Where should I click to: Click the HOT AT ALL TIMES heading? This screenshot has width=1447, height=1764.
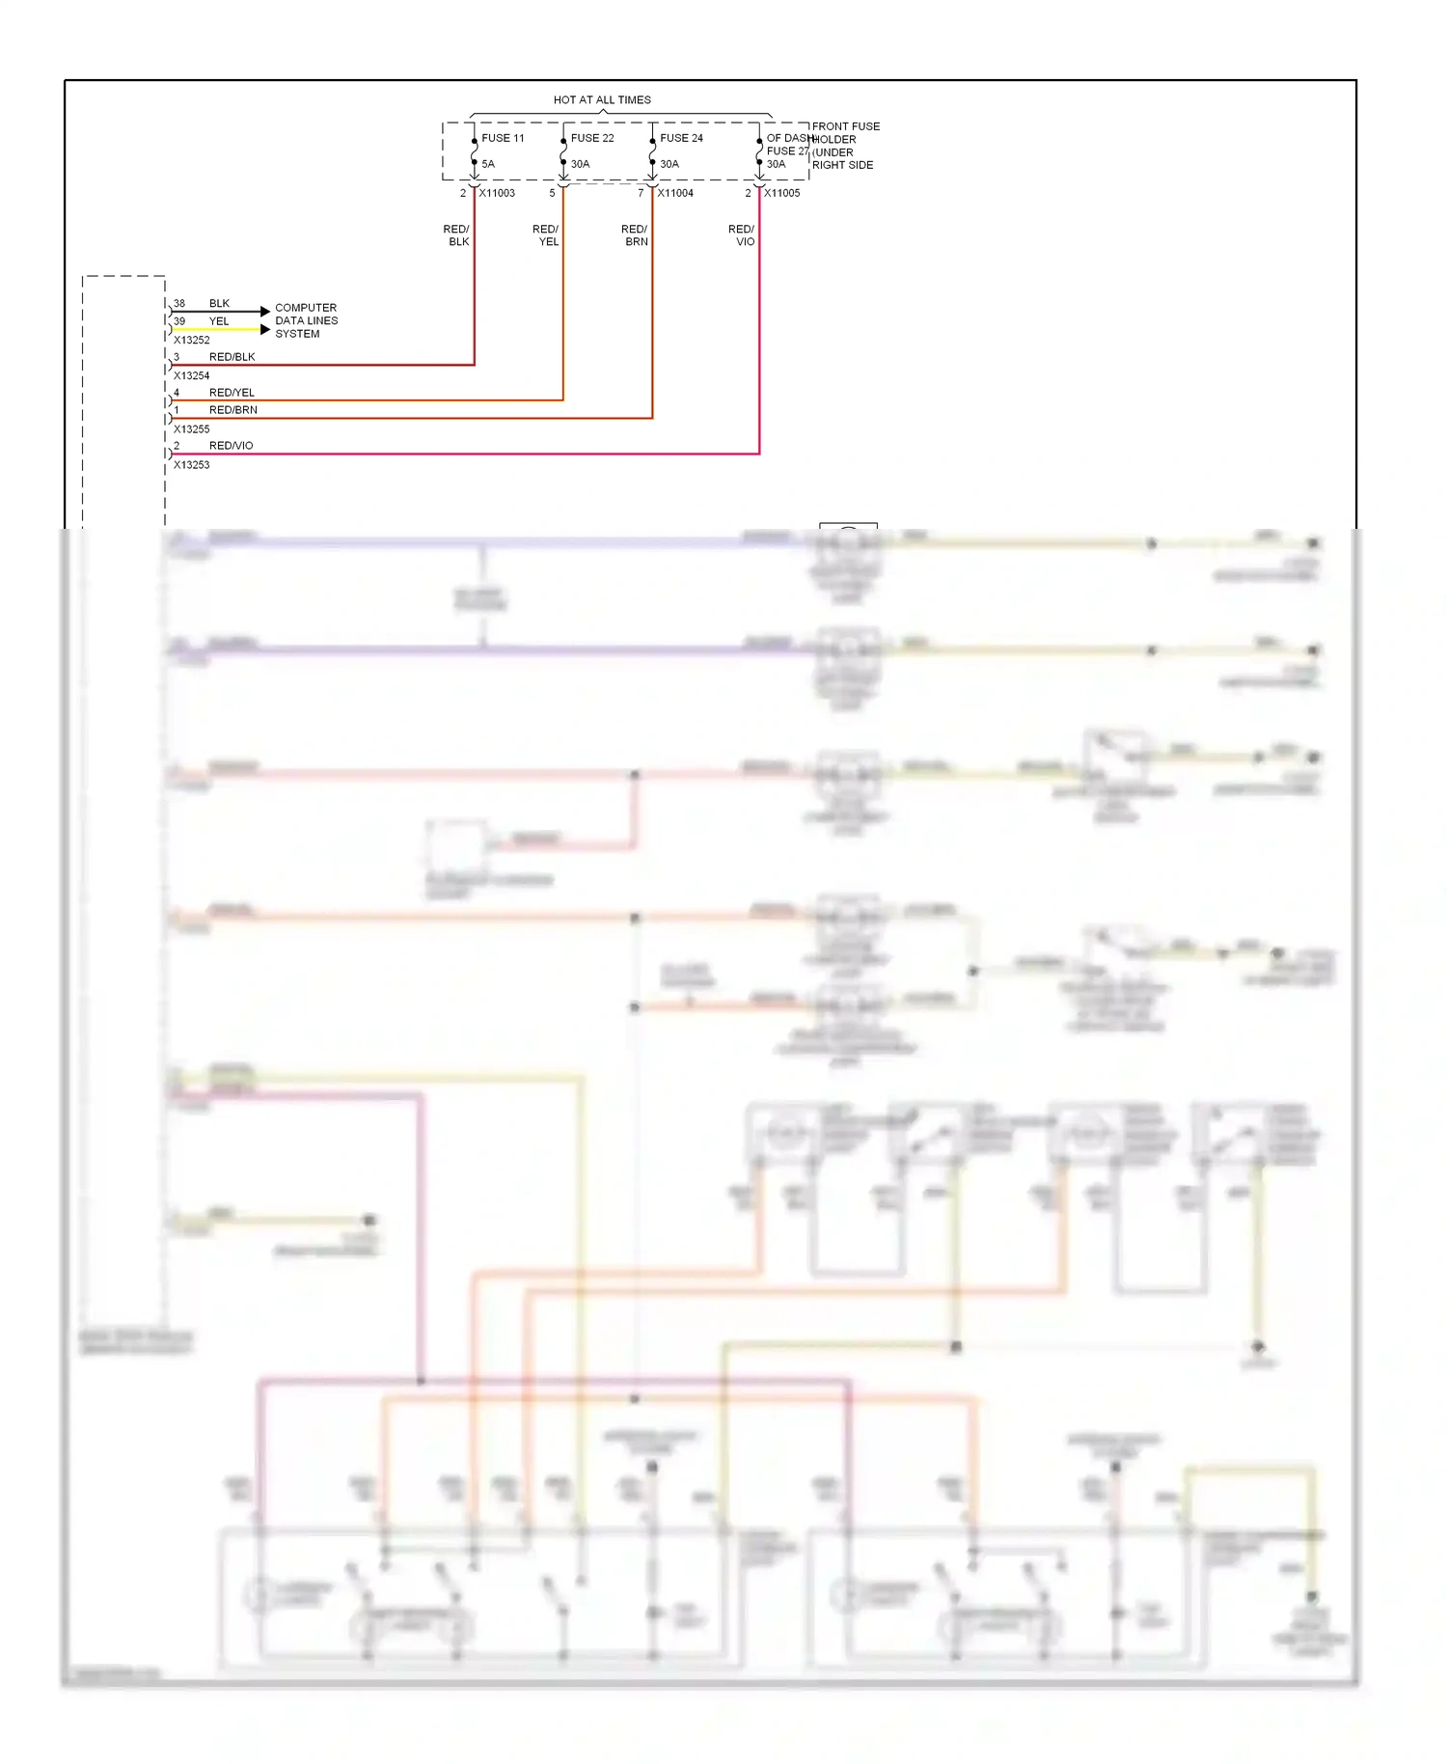(602, 99)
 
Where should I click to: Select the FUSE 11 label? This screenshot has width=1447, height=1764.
(503, 138)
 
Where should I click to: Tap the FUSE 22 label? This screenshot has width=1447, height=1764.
(592, 138)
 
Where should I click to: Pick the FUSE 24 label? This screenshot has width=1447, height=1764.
(681, 138)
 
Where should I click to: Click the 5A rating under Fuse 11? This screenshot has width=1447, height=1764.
(488, 164)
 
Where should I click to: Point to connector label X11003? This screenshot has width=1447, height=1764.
(497, 193)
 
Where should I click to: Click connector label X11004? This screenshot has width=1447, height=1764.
(675, 193)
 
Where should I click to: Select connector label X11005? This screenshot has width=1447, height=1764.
(782, 193)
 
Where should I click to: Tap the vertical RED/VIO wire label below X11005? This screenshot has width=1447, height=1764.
(742, 235)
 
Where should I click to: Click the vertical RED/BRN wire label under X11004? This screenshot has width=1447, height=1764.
(635, 235)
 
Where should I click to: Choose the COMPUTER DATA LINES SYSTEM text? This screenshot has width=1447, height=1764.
(306, 320)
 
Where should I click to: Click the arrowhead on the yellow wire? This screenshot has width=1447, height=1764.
(265, 330)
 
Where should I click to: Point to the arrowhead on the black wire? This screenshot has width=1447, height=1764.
(265, 312)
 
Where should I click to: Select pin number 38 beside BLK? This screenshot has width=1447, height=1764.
(179, 303)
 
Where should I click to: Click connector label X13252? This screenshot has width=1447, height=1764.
(191, 340)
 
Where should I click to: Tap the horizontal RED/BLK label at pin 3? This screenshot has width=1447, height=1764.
(232, 357)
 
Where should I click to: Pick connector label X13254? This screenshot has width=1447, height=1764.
(191, 375)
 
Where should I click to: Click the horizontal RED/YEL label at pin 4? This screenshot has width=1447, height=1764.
(232, 393)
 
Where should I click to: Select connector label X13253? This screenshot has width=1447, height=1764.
(191, 465)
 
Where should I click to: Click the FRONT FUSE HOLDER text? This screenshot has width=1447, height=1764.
(844, 133)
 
